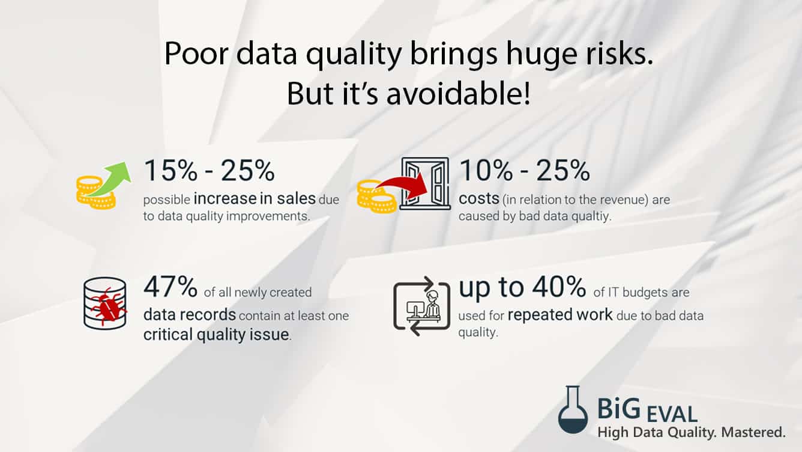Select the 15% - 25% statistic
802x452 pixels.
(209, 172)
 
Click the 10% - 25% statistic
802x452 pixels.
(525, 172)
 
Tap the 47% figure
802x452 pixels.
(170, 287)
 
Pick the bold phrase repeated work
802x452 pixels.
(560, 316)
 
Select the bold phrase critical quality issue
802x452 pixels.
(217, 335)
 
